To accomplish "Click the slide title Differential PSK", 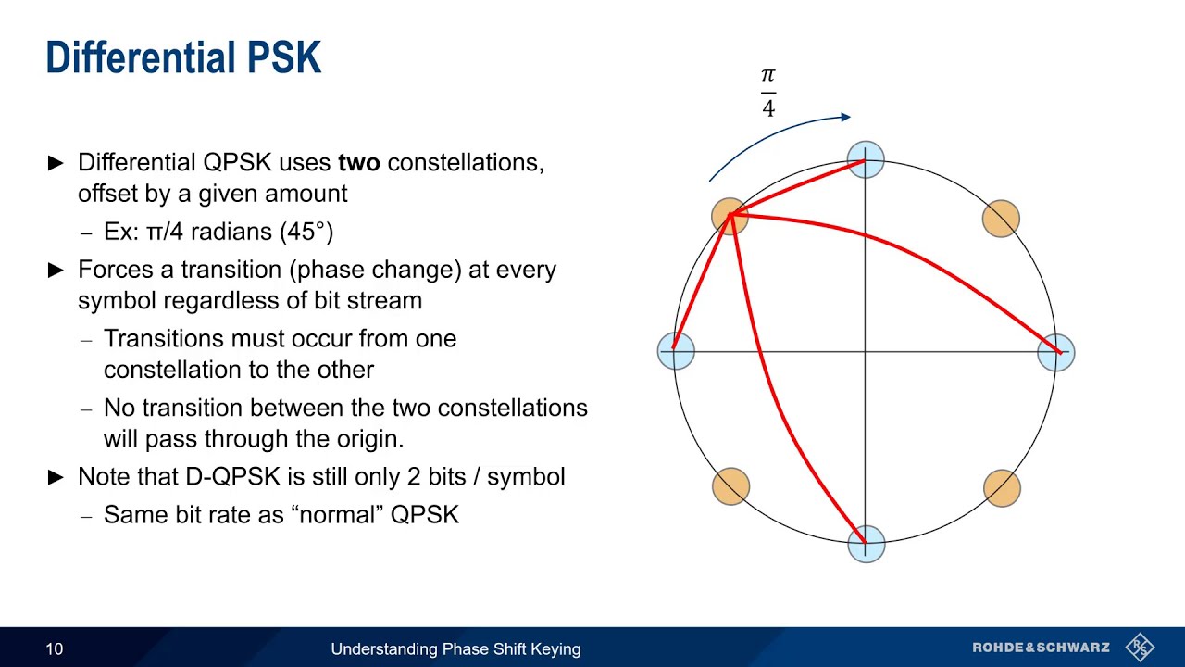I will click(183, 58).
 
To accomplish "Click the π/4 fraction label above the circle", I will click(768, 93).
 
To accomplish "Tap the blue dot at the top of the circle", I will click(866, 160).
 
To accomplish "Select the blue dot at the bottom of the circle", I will click(866, 544).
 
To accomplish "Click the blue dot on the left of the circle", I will click(675, 352).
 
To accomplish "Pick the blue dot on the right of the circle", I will click(1055, 352).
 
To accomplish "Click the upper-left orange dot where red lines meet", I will click(730, 215).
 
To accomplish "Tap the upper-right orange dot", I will click(1000, 219).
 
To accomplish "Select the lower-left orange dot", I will click(730, 486).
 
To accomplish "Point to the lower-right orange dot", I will click(1001, 488).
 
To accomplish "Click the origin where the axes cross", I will click(866, 352).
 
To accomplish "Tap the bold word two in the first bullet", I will click(359, 163).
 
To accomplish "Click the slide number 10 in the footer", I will click(55, 648).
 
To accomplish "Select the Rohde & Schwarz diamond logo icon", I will click(1140, 648).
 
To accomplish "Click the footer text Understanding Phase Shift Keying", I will click(455, 648).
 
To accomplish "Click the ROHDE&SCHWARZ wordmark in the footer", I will click(1041, 648).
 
